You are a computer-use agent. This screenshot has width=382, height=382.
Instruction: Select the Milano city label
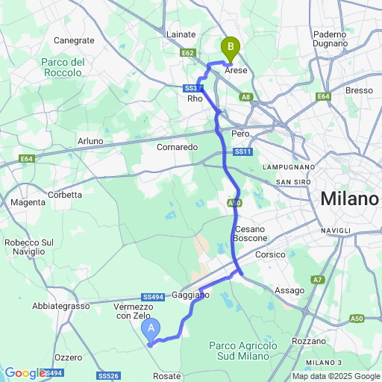[x=350, y=199]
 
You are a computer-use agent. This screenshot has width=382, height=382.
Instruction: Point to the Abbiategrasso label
[x=60, y=306]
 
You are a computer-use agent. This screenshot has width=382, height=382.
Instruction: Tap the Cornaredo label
[x=177, y=147]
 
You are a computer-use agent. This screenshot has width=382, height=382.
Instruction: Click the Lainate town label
[x=181, y=34]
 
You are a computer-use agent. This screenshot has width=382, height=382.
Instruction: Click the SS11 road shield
[x=240, y=151]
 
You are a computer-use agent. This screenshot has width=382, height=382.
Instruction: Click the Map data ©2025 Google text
[x=336, y=376]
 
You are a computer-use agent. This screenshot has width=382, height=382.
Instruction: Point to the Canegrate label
[x=75, y=40]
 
